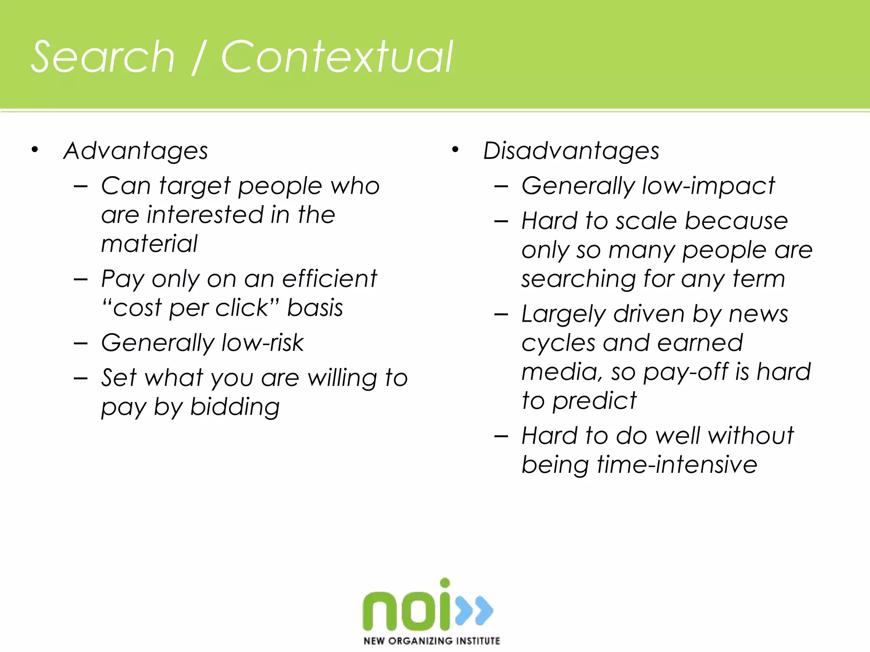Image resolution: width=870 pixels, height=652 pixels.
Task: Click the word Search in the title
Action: [103, 57]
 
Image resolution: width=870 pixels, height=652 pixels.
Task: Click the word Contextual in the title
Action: [337, 57]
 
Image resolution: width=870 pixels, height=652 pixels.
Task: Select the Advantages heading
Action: [136, 151]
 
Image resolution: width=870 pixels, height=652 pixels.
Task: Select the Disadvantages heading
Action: [571, 151]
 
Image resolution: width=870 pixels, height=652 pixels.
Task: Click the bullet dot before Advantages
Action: [35, 149]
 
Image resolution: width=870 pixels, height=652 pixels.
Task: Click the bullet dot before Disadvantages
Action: [455, 149]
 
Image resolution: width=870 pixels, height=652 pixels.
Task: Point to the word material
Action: [150, 244]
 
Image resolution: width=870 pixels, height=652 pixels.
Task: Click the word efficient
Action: [329, 279]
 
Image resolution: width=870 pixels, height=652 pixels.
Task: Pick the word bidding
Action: [235, 407]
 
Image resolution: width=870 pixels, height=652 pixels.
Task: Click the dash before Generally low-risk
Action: [80, 343]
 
